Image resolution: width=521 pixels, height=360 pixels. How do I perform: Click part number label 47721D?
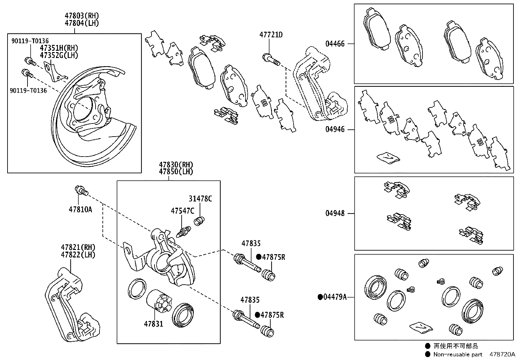(271, 34)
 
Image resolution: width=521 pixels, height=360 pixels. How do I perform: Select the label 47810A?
(80, 209)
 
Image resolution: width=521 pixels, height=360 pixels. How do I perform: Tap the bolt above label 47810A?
(81, 191)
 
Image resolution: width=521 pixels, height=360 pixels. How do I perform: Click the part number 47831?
(153, 324)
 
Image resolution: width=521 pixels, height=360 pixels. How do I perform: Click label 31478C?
(200, 199)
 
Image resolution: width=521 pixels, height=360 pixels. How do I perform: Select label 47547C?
(182, 211)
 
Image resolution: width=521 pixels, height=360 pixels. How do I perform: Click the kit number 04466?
(335, 44)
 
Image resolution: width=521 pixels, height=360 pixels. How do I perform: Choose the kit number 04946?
(335, 129)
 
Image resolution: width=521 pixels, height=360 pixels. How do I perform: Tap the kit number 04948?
(335, 213)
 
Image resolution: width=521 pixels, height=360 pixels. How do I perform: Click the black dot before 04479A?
(320, 297)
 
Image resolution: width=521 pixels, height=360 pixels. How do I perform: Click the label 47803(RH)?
(81, 16)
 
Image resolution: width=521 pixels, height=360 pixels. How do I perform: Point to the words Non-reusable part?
(458, 354)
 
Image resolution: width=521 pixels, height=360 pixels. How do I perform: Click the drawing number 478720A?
(502, 354)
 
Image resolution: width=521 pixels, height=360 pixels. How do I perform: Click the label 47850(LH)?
(176, 171)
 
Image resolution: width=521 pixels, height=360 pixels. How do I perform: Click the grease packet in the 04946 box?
(388, 158)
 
